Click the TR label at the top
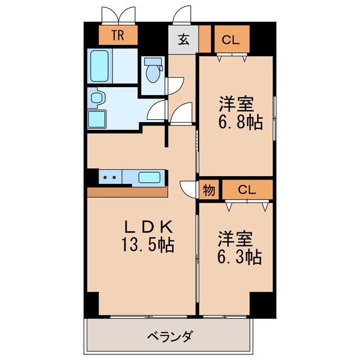point(118,37)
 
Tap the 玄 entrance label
point(183,39)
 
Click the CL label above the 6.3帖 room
point(247,190)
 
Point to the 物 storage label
point(209,190)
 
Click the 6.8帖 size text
point(241,122)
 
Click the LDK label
point(147,227)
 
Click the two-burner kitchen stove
point(109,178)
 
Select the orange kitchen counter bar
point(128,192)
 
